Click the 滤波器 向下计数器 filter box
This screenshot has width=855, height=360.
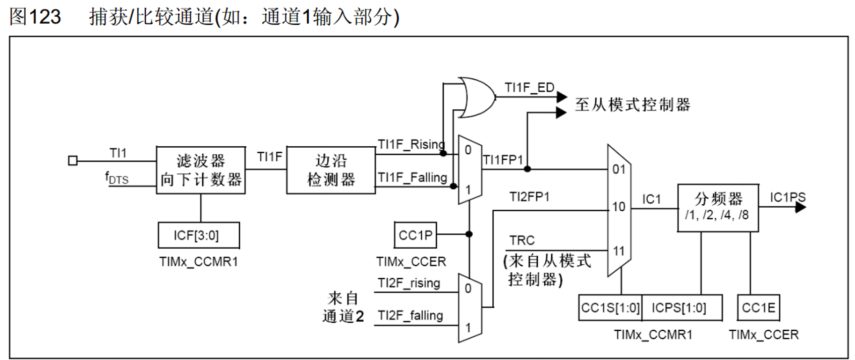point(201,170)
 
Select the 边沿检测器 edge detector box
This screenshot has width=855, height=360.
point(330,170)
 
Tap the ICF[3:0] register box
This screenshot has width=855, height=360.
point(198,235)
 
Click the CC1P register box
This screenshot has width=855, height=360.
point(415,234)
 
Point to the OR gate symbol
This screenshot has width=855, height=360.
point(476,97)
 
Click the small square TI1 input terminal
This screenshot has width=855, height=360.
point(73,161)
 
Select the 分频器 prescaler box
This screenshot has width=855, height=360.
point(717,207)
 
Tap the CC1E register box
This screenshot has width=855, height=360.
point(758,308)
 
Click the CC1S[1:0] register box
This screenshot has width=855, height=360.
point(610,308)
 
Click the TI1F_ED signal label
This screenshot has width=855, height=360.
point(529,88)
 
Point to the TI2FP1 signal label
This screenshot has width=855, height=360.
point(529,197)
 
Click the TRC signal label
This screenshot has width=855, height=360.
point(522,240)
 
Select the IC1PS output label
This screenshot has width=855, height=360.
point(787,197)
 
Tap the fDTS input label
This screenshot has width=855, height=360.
point(117,177)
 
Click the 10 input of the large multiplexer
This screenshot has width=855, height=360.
point(619,206)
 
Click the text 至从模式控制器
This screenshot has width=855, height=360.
point(633,105)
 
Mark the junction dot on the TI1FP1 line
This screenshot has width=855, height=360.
point(527,169)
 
